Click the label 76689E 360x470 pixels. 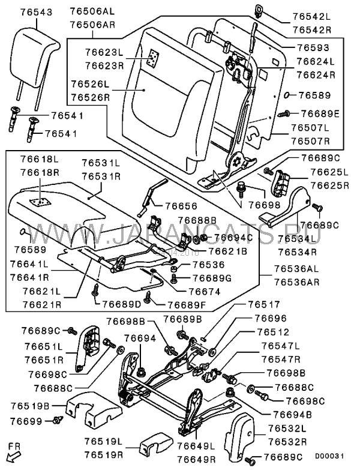320,113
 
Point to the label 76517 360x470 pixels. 263,305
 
